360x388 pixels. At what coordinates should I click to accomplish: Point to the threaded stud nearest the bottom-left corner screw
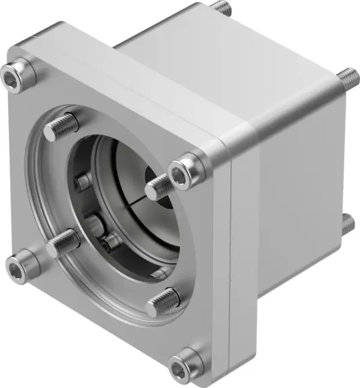pyautogui.click(x=62, y=243)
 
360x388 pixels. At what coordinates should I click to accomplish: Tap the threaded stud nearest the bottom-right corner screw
pyautogui.click(x=162, y=302)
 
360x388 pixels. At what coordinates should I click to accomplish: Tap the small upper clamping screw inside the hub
pyautogui.click(x=83, y=182)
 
